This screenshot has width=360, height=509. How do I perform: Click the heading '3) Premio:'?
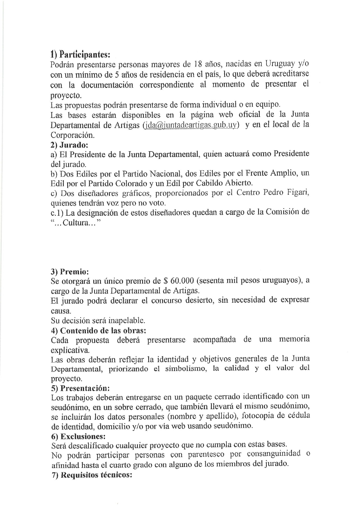69,272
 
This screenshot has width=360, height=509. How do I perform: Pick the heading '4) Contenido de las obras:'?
98,331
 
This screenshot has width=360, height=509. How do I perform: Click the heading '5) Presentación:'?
80,388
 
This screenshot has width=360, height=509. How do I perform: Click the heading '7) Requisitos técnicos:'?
91,475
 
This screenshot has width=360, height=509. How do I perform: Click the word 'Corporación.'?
73,135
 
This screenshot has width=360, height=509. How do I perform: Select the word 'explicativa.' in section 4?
70,350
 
